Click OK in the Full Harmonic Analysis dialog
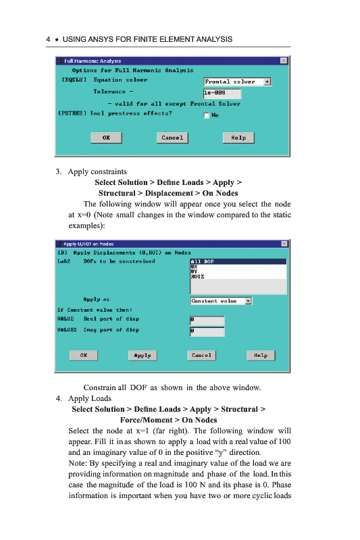106,138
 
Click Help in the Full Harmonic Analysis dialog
238,138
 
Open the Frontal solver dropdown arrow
267,82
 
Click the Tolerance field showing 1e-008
222,93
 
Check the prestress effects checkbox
207,115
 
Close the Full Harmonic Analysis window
284,61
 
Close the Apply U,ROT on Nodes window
284,244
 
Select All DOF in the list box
238,261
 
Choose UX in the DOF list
194,267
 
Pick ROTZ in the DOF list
197,277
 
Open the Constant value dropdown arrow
249,301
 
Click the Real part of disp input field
207,321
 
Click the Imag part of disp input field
207,331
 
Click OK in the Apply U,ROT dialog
83,356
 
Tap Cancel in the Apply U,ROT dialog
201,356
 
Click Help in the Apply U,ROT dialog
261,356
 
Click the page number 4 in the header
48,39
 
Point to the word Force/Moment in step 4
146,420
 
